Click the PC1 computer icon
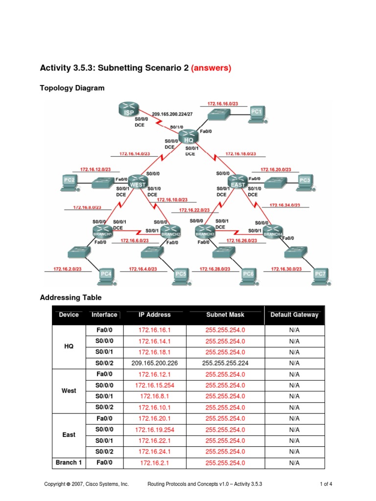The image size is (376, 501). click(257, 113)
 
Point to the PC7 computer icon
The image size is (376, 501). click(320, 275)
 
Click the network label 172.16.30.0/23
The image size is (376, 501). click(286, 269)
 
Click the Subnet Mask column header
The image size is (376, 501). click(225, 315)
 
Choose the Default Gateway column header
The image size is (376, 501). click(294, 315)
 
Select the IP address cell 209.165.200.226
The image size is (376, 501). click(155, 363)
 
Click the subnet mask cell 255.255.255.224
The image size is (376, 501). click(225, 363)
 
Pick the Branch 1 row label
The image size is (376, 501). click(69, 462)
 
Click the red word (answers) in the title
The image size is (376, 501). click(211, 68)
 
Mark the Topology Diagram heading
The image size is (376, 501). click(72, 88)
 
